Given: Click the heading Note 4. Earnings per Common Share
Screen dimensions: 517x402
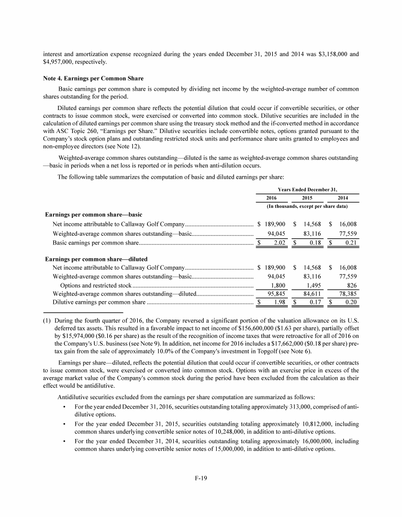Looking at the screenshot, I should point(85,78).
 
